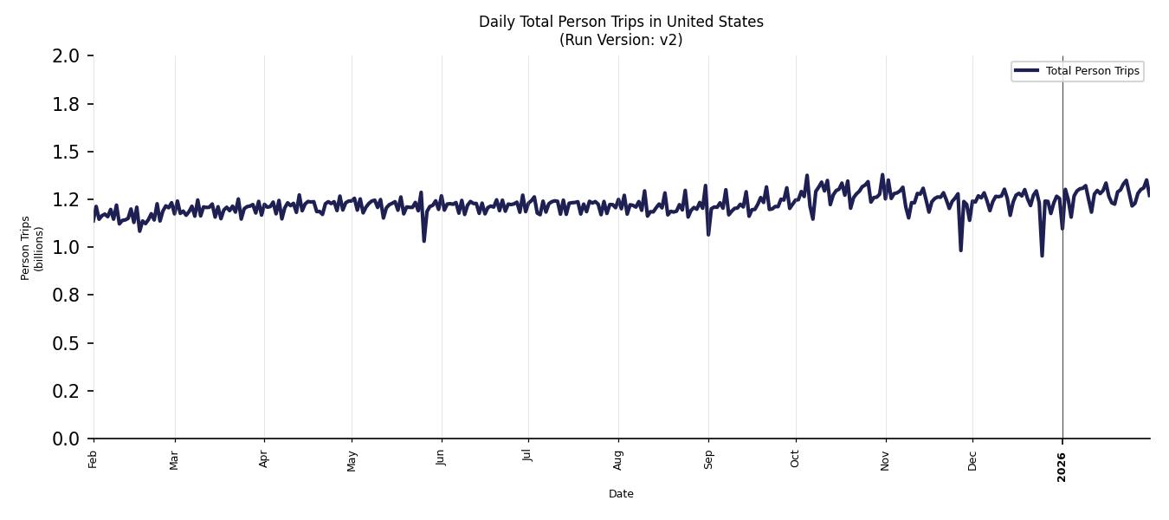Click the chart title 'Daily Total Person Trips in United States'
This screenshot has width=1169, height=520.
[x=621, y=22]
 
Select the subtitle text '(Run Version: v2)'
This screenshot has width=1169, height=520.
[x=621, y=40]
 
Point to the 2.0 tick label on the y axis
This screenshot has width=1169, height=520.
[x=66, y=56]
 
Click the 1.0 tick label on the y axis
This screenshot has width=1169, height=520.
[x=66, y=248]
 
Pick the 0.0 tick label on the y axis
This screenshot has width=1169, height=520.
[x=66, y=439]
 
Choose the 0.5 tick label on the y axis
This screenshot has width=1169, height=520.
[x=66, y=344]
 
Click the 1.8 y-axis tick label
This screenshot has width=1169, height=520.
[x=66, y=104]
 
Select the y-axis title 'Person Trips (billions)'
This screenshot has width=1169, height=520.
[x=32, y=248]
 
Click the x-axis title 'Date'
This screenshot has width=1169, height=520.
[x=621, y=494]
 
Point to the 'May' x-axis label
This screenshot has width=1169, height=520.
[x=352, y=460]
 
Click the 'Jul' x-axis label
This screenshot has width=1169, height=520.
[x=527, y=456]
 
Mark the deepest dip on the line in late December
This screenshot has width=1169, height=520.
[x=1042, y=256]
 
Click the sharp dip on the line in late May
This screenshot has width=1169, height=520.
[x=423, y=240]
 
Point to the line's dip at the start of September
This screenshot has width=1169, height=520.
[x=708, y=234]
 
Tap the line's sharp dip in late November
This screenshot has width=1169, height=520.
[x=960, y=250]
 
